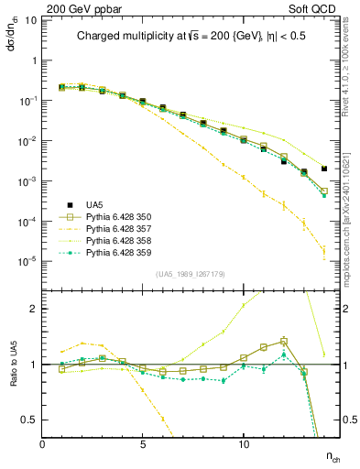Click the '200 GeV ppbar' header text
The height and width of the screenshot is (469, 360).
[x=82, y=8]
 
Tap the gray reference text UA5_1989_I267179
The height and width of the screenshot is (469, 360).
[x=192, y=274]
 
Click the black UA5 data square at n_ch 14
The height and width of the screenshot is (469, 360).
[x=324, y=169]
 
